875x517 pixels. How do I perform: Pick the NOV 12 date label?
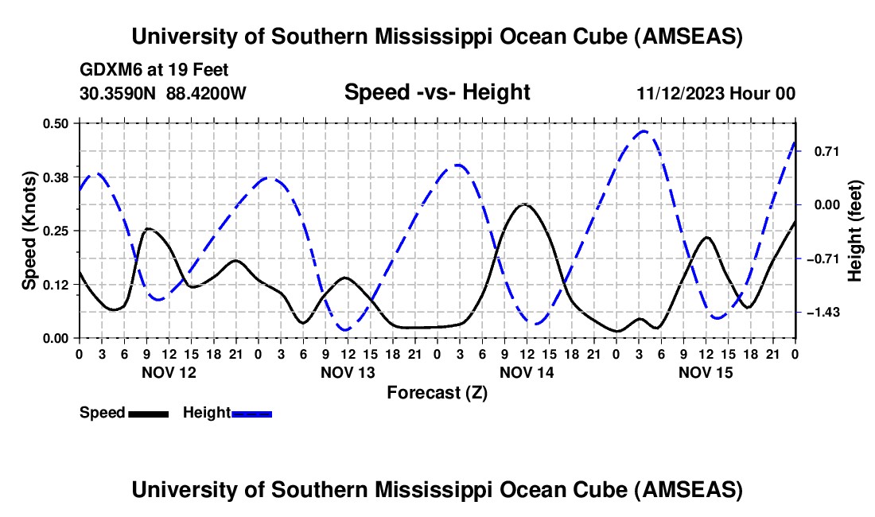coord(168,372)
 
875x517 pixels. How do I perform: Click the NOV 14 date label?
coord(526,372)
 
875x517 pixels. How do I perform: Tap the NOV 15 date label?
coord(705,372)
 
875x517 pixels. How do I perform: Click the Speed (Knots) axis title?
coord(29,231)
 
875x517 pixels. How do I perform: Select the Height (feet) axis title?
coord(855,231)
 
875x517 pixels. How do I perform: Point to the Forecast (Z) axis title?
coord(437,392)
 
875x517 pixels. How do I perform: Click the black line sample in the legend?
coord(148,413)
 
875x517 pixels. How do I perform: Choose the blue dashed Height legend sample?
coord(252,413)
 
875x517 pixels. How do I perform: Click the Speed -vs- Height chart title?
coord(437,93)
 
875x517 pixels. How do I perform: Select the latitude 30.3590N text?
coord(119,94)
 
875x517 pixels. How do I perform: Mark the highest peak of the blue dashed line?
coord(644,131)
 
